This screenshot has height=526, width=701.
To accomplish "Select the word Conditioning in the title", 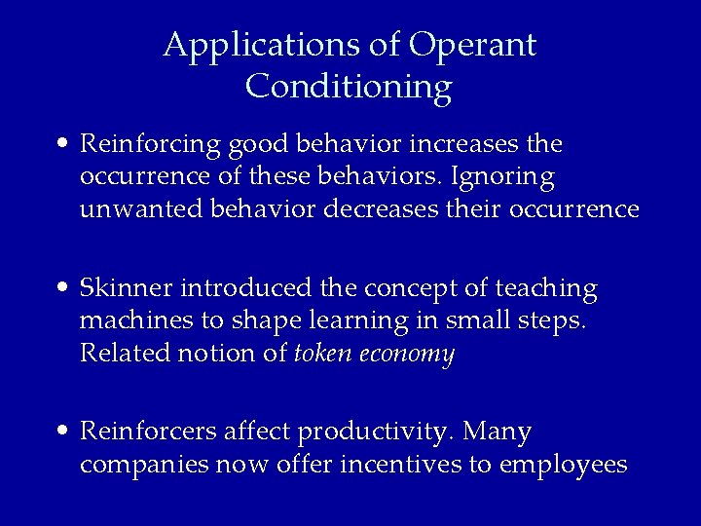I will [x=349, y=87].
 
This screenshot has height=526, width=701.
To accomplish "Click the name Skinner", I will [x=128, y=288].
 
